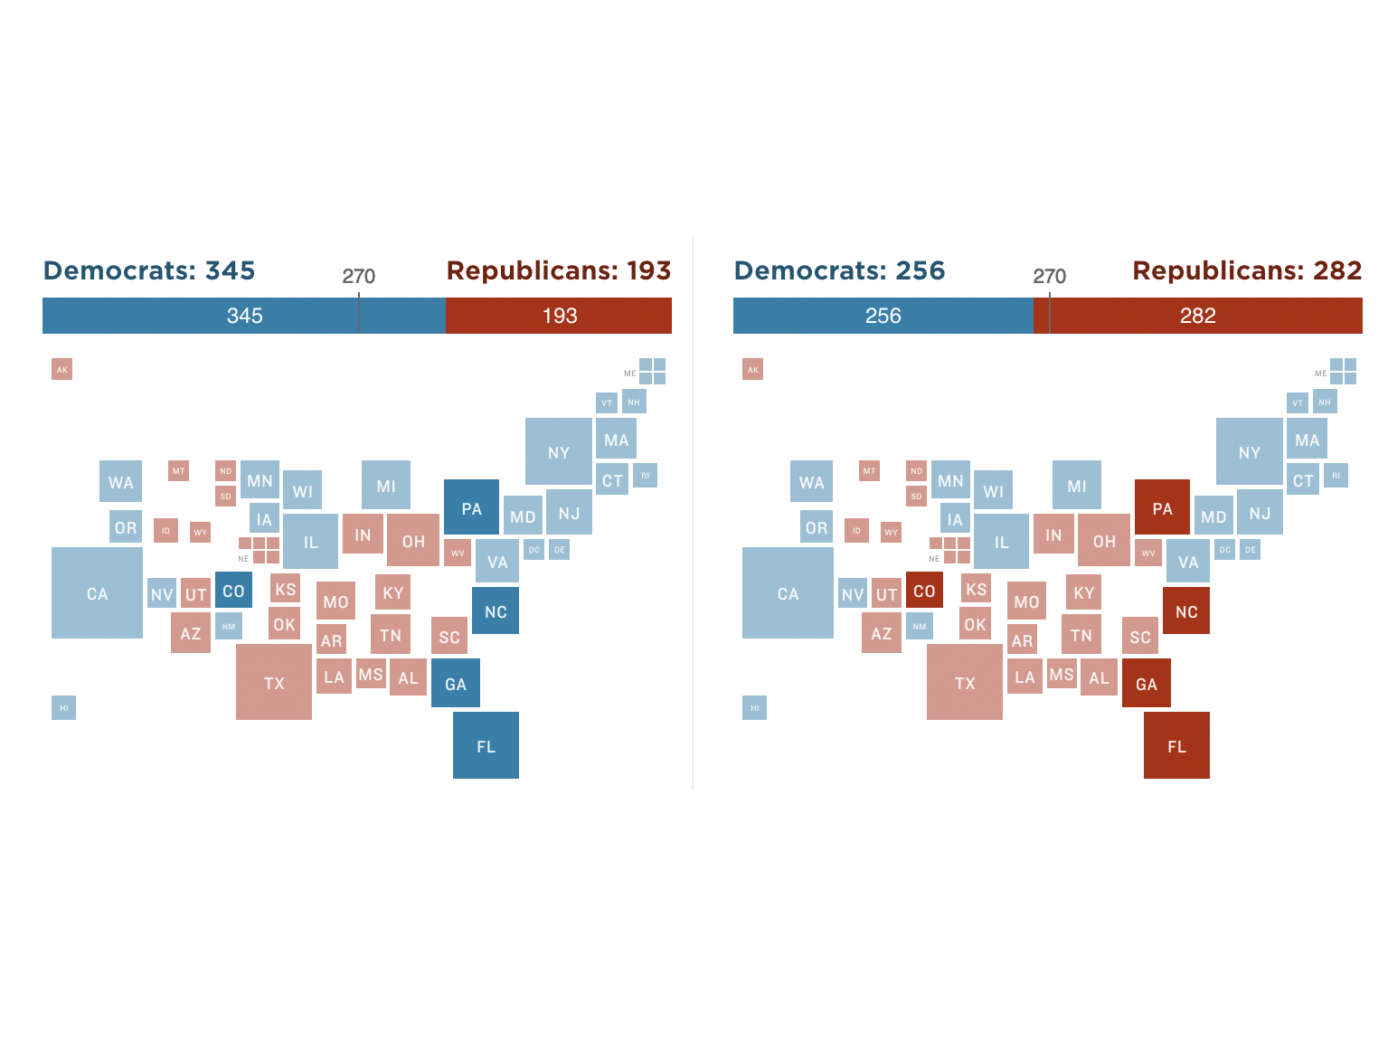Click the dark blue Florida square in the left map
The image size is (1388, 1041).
[x=486, y=744]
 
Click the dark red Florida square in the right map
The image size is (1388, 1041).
[x=1176, y=744]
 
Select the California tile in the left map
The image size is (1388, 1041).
[x=97, y=592]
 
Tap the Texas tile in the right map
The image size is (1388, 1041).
[x=964, y=682]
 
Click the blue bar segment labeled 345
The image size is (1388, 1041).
[x=244, y=316]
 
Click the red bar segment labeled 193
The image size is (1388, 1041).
[x=559, y=316]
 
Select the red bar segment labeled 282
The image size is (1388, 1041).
[x=1197, y=316]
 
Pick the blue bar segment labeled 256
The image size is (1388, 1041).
[x=883, y=316]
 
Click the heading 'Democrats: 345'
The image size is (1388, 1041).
[x=149, y=270]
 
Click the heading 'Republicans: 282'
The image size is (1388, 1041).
[x=1247, y=270]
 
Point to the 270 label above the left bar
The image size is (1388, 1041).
[x=358, y=276]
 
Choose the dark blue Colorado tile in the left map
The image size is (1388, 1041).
[x=233, y=590]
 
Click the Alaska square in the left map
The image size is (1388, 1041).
[x=61, y=369]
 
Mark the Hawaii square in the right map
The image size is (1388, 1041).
[x=754, y=707]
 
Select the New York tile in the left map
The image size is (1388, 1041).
[x=558, y=451]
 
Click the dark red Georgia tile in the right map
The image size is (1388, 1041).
[x=1146, y=683]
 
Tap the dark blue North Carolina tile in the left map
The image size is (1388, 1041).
[x=496, y=610]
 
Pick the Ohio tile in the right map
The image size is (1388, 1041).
[x=1103, y=540]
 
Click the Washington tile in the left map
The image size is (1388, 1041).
[x=120, y=481]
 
